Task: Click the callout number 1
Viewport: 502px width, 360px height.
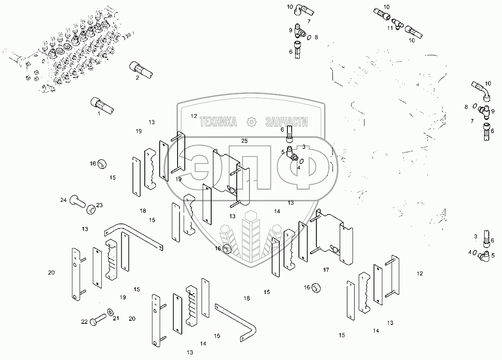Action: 99,114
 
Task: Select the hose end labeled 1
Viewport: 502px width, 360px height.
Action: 102,105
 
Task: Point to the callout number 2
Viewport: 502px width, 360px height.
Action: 137,78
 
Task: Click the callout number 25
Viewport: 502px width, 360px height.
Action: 244,141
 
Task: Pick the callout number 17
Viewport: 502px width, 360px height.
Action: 326,270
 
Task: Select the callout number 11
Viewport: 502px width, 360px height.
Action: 390,28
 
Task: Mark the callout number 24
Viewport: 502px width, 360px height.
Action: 63,200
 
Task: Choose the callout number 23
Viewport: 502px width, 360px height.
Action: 99,205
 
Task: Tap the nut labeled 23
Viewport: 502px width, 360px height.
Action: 91,209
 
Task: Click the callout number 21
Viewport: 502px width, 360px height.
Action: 116,318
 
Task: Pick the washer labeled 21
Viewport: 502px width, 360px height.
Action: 111,312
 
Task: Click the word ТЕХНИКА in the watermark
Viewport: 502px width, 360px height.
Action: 218,122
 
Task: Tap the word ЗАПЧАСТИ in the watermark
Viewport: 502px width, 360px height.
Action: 286,122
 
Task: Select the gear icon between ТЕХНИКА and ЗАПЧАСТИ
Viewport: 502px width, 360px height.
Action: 252,122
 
